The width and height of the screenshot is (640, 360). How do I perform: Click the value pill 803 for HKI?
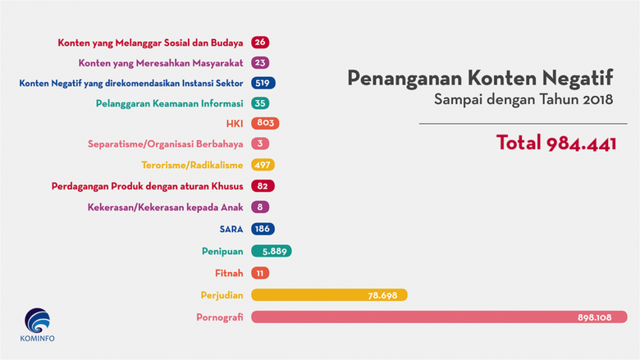coord(266,124)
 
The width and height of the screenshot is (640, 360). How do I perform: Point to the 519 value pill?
coord(264,83)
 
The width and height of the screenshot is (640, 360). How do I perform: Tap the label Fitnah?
coord(229,273)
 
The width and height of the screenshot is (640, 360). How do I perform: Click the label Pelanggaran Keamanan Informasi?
coord(180,103)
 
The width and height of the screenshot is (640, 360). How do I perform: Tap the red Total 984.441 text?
coord(555,143)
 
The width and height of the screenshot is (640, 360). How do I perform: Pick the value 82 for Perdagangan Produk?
coord(263,188)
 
